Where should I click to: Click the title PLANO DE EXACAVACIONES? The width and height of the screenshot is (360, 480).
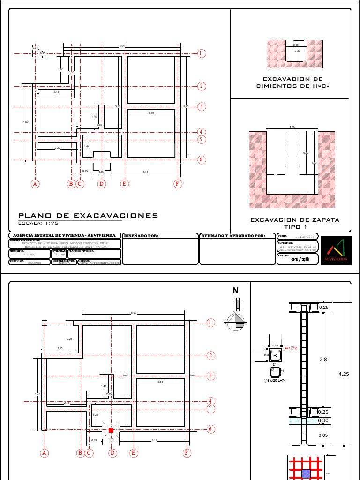(88, 216)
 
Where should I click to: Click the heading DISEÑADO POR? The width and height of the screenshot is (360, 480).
(141, 236)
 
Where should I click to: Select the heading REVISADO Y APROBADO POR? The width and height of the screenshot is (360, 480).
(233, 236)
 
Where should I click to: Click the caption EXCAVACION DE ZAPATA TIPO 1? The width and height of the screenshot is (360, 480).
(295, 223)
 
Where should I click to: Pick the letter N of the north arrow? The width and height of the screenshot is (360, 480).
(236, 291)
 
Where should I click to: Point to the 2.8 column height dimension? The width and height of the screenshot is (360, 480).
(323, 360)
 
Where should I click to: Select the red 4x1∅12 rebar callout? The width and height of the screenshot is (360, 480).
(291, 349)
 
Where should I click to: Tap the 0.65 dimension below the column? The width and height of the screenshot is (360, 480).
(323, 435)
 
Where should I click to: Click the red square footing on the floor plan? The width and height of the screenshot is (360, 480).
(111, 430)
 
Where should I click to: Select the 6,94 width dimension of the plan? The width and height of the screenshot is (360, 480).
(122, 46)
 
